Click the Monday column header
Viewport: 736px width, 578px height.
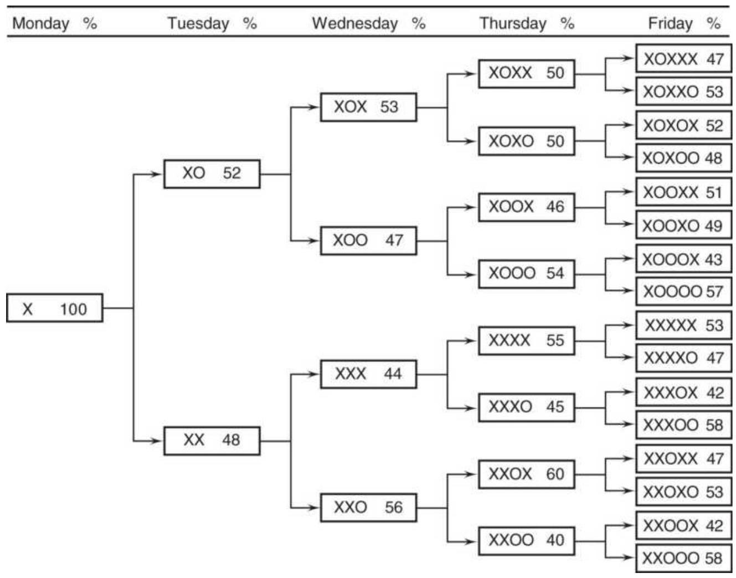(40, 24)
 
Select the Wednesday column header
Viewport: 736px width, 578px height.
(354, 24)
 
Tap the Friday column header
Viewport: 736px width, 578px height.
(670, 24)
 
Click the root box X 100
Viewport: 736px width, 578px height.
(54, 308)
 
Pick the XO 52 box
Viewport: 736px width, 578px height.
(212, 174)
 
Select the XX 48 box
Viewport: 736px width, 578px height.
(212, 441)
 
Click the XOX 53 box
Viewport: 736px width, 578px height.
(368, 108)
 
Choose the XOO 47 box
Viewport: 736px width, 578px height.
(368, 241)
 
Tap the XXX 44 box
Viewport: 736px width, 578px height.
(368, 374)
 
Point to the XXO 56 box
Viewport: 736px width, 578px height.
(368, 508)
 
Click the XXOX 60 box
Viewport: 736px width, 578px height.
(526, 474)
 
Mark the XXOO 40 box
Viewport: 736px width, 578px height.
(526, 541)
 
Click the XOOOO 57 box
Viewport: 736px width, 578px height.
(683, 291)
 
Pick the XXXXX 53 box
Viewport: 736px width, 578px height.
(683, 325)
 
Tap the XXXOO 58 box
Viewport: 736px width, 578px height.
(683, 425)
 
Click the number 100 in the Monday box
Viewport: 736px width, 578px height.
(74, 309)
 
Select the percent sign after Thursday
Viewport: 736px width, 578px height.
(567, 23)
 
